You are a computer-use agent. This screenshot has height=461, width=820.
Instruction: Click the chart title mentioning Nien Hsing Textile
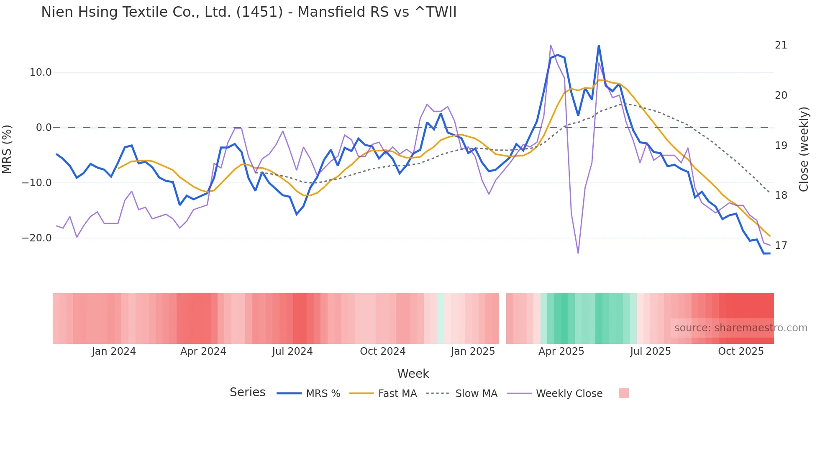(249, 12)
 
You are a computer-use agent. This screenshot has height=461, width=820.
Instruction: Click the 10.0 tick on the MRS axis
(41, 72)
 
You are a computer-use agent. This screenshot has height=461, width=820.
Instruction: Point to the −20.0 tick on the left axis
(37, 238)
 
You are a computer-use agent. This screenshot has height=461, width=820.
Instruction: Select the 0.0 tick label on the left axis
(44, 128)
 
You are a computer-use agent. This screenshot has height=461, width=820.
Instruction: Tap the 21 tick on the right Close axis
(781, 45)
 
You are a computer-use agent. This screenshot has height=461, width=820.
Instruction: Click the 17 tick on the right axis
(781, 246)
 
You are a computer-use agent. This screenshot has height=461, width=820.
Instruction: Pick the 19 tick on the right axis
(781, 146)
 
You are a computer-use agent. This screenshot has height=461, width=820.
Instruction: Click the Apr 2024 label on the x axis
(203, 351)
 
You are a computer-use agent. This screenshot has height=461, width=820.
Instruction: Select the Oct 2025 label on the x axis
(741, 351)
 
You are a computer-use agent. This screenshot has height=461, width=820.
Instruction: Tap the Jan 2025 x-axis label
(473, 351)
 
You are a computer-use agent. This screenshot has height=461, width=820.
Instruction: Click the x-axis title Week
(413, 374)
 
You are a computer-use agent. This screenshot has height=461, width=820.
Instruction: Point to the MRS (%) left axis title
(7, 149)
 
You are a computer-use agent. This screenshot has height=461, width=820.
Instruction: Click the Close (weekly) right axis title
(803, 149)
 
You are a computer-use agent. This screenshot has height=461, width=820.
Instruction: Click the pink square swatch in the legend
(623, 393)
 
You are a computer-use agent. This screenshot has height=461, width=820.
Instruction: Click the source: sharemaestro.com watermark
(741, 328)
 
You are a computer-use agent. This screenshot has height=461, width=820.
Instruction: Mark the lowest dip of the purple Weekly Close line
(578, 253)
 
